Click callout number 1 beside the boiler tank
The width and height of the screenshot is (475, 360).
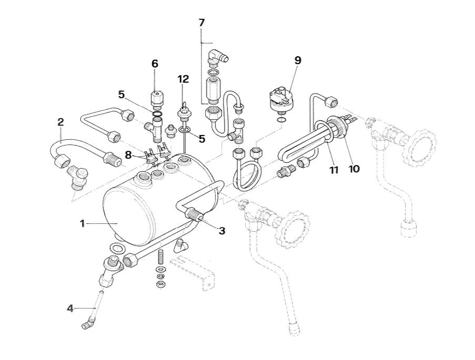point(82,223)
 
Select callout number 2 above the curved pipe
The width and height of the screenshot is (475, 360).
point(61,122)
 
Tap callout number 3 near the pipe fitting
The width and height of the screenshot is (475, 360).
point(222,230)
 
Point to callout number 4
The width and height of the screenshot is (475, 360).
point(70,308)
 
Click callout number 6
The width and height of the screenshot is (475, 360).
point(155,64)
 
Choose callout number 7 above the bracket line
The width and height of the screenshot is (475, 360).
point(201,23)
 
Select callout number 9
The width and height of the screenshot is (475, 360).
point(298,60)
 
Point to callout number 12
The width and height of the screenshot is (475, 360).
point(183,79)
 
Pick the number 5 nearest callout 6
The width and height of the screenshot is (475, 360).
point(122,95)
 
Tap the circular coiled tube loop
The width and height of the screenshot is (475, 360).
point(246,176)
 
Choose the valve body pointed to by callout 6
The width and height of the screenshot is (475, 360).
point(155,98)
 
